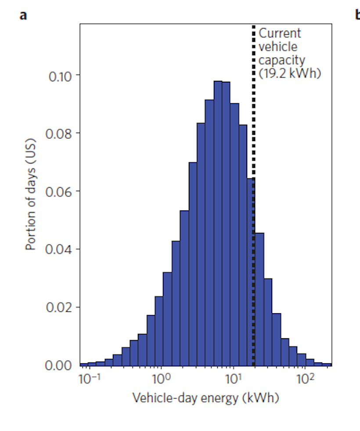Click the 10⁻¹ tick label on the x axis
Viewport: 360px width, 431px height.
pyautogui.click(x=90, y=379)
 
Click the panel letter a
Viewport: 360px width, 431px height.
pyautogui.click(x=23, y=15)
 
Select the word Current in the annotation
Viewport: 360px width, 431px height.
pyautogui.click(x=280, y=33)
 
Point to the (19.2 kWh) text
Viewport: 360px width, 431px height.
pyautogui.click(x=290, y=73)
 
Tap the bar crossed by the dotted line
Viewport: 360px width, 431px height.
pyautogui.click(x=251, y=272)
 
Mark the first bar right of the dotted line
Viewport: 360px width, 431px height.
pyautogui.click(x=259, y=299)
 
